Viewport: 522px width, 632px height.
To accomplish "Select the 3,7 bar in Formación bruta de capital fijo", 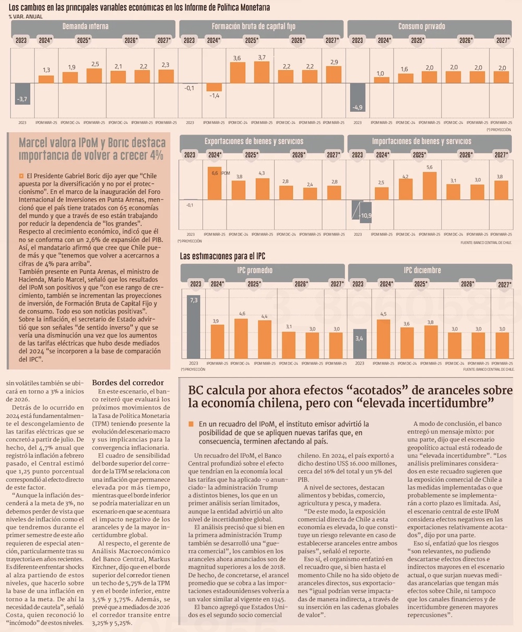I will (x=262, y=72).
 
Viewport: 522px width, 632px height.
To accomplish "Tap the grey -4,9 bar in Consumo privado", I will (x=357, y=97).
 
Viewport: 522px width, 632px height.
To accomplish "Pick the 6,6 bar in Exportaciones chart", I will (x=213, y=183).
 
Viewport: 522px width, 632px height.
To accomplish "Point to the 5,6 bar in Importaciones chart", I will (x=430, y=185).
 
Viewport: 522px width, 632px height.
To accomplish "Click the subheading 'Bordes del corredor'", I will (x=128, y=382).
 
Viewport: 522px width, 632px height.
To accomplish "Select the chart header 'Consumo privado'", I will (x=429, y=26).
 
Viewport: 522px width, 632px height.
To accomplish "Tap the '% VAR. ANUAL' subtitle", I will (x=26, y=17).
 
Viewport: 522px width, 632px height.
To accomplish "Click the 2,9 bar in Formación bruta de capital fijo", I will (x=333, y=74).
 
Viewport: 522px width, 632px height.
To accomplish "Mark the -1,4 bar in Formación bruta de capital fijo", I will (x=213, y=88).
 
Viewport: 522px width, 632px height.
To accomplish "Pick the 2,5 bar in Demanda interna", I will (x=94, y=75).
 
